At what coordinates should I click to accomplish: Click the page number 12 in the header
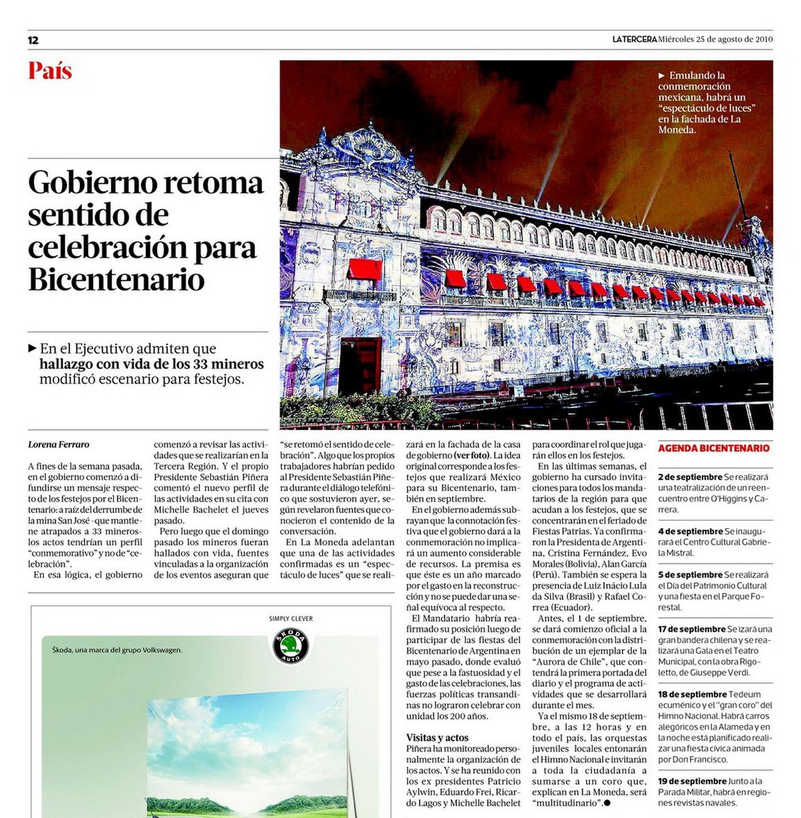coord(33,40)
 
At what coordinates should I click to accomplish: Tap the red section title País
coord(50,71)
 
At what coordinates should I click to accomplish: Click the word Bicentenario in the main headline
coord(117,279)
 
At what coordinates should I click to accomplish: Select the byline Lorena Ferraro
coord(58,444)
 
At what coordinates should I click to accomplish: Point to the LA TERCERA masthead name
coord(634,39)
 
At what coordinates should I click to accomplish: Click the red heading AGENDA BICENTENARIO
coord(713,448)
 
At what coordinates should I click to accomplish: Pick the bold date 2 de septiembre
coord(691,477)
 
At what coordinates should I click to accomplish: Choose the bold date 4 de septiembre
coord(691,532)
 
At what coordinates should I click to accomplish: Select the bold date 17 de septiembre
coord(692,629)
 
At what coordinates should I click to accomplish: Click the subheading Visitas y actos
coord(437,737)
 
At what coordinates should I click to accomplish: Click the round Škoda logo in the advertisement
coord(289,646)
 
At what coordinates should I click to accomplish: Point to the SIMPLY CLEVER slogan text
coord(290,619)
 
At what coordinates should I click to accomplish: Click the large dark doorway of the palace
coord(360,366)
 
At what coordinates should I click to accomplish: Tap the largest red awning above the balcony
coord(365,269)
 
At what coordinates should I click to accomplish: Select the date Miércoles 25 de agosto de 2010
coord(716,39)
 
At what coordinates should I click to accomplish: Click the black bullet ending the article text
coord(606,803)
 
